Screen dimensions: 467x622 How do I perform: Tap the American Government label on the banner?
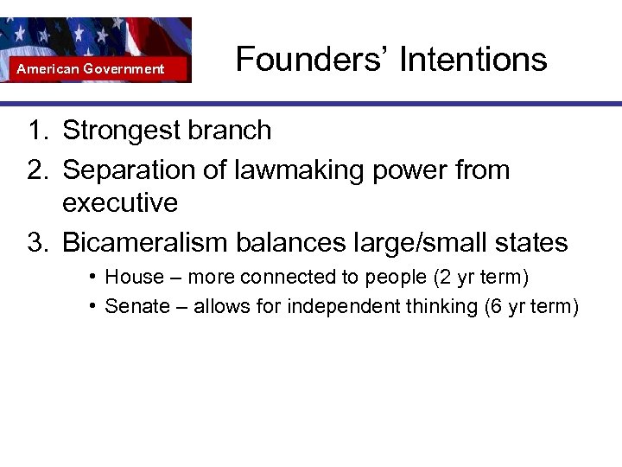pyautogui.click(x=91, y=68)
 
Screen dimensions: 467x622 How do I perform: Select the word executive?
pyautogui.click(x=120, y=204)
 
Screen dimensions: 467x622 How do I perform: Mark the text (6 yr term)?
pyautogui.click(x=533, y=306)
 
